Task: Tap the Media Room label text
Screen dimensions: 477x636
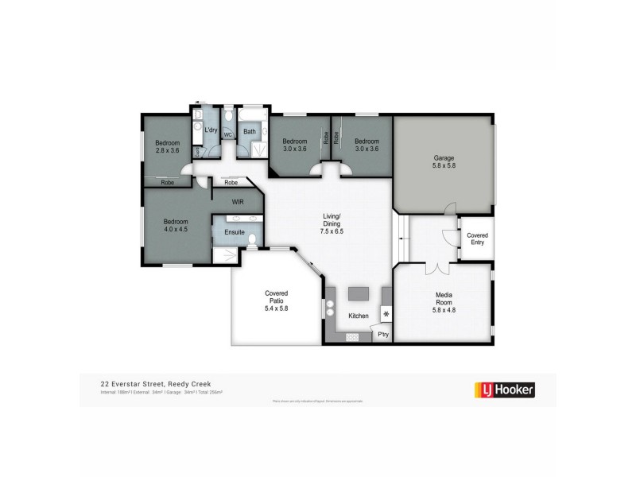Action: [x=444, y=300]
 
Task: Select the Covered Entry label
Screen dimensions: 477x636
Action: [x=477, y=239]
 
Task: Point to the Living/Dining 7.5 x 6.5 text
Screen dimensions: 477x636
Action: [x=332, y=224]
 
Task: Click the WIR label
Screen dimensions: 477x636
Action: [x=237, y=202]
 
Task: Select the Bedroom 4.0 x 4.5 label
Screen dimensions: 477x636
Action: [x=176, y=226]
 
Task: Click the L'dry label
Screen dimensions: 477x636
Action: [x=211, y=130]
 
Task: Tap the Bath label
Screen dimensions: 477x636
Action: [x=249, y=132]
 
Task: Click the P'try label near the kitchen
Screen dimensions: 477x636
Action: [x=382, y=335]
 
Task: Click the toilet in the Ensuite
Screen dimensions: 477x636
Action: [x=251, y=237]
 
